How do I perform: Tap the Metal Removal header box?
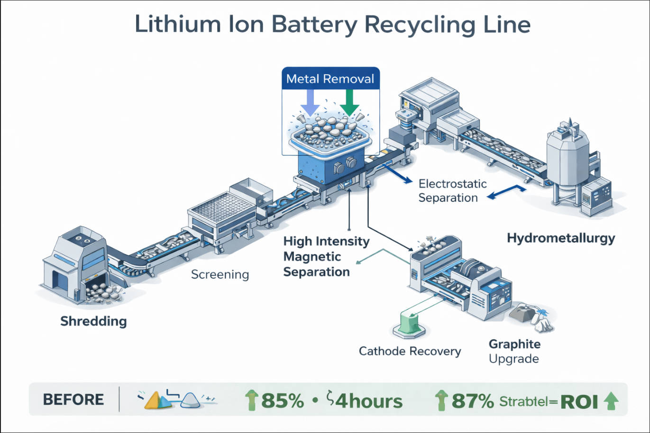[330, 79]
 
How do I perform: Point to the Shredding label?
[93, 322]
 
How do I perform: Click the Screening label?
[220, 274]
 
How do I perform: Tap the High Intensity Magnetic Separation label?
[326, 256]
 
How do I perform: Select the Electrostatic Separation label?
[452, 190]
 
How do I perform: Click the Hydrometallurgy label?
[560, 238]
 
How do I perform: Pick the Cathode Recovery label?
[410, 351]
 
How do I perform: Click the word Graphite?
[514, 344]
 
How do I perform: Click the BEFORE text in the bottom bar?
[73, 399]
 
